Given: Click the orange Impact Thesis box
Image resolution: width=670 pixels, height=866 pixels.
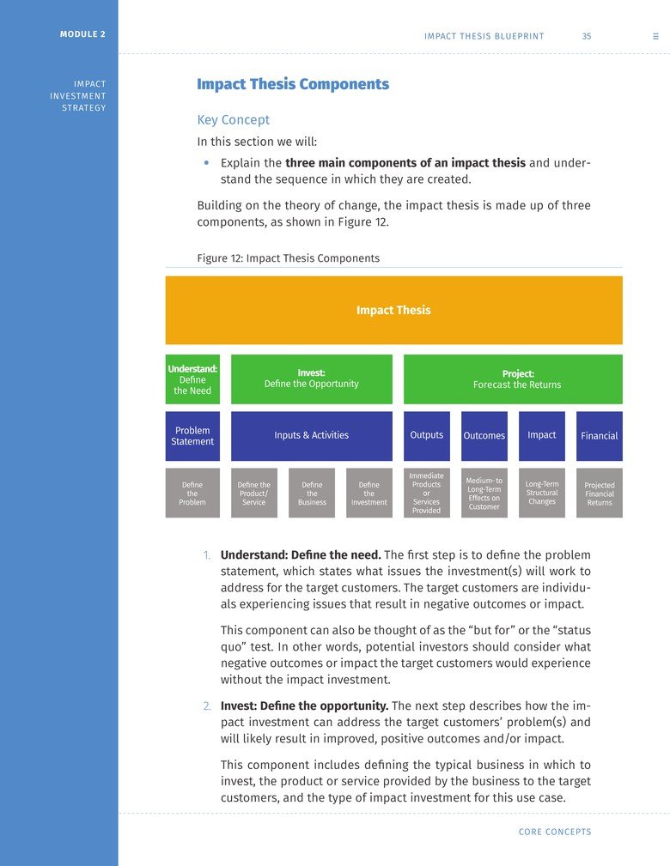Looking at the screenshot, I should click(393, 310).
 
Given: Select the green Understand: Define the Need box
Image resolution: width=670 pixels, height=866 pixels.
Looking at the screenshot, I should click(192, 379).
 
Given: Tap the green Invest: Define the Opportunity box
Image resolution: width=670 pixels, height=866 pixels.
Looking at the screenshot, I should click(311, 379).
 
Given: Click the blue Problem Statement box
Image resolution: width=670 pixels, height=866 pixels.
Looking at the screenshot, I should click(192, 436).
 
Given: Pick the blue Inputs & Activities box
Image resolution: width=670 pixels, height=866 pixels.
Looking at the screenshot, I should click(311, 436).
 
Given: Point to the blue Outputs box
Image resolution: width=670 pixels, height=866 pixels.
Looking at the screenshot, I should click(427, 436).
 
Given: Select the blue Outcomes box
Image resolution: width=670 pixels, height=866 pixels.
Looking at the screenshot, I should click(484, 436).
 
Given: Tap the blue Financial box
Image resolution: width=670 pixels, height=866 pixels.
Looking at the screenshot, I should click(600, 436).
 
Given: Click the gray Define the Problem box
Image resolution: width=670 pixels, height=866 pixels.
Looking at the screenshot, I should click(192, 494).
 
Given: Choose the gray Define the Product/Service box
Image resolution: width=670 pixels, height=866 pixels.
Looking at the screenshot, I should click(254, 494).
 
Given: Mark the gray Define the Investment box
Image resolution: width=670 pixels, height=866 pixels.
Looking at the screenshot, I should click(369, 494).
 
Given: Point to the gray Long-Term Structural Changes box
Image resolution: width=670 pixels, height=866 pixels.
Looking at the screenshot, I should click(542, 494).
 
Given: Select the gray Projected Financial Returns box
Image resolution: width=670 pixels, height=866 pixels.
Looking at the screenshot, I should click(600, 494).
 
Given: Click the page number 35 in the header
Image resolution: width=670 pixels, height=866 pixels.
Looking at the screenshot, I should click(586, 36).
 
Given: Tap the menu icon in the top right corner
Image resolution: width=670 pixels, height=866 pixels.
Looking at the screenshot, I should click(655, 36).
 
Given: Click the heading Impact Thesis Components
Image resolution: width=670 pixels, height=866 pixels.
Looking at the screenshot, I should click(293, 84).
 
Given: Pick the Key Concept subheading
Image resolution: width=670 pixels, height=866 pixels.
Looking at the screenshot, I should click(233, 120).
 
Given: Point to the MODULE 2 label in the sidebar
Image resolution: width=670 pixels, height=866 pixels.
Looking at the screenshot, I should click(83, 34).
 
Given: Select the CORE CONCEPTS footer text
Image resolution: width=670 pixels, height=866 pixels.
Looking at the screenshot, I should click(555, 832).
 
